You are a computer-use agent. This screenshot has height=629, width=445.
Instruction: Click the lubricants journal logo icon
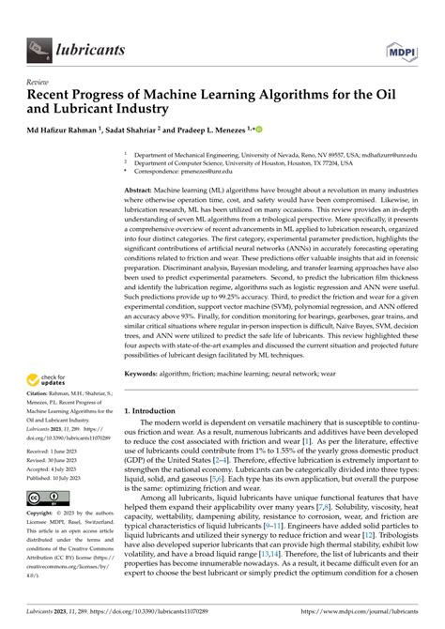[38, 44]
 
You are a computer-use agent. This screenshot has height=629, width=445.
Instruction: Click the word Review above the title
[38, 82]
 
